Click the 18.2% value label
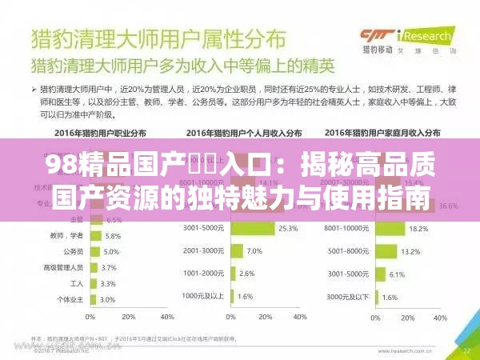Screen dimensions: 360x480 [x=419, y=228]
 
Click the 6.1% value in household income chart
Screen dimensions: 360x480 [x=397, y=274]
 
